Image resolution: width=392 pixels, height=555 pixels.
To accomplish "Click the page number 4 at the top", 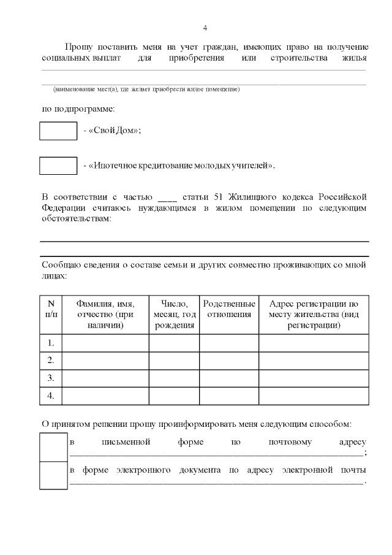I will pos(205,28).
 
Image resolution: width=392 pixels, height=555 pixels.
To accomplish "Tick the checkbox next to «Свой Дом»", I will pos(58,131).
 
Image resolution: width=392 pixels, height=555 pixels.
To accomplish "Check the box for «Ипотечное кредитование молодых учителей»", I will pos(58,166).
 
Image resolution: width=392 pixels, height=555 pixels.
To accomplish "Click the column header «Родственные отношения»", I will pos(228,309).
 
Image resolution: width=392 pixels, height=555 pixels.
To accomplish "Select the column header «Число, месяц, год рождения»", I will pos(174,314).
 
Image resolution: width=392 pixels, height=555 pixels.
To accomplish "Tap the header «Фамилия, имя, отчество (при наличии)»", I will pos(105,314).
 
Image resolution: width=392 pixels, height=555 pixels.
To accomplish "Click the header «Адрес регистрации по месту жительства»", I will pos(314,314).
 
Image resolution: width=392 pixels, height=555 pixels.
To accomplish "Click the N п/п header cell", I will pos(51,309).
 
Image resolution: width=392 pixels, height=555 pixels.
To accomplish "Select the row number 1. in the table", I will pos(51,343).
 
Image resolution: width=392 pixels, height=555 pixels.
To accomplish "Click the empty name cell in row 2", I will pos(105,361).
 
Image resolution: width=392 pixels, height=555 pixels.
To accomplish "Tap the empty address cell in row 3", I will pos(314,378).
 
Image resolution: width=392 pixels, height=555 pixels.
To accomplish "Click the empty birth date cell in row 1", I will pos(174,343).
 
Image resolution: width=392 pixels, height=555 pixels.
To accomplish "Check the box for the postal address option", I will pos(53,447).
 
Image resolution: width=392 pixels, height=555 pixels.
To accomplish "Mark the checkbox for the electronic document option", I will pos(53,475).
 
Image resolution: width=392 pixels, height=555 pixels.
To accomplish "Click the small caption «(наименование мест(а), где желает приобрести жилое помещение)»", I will pos(146,90).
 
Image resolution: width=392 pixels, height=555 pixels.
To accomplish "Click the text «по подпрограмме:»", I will pos(78,110).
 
